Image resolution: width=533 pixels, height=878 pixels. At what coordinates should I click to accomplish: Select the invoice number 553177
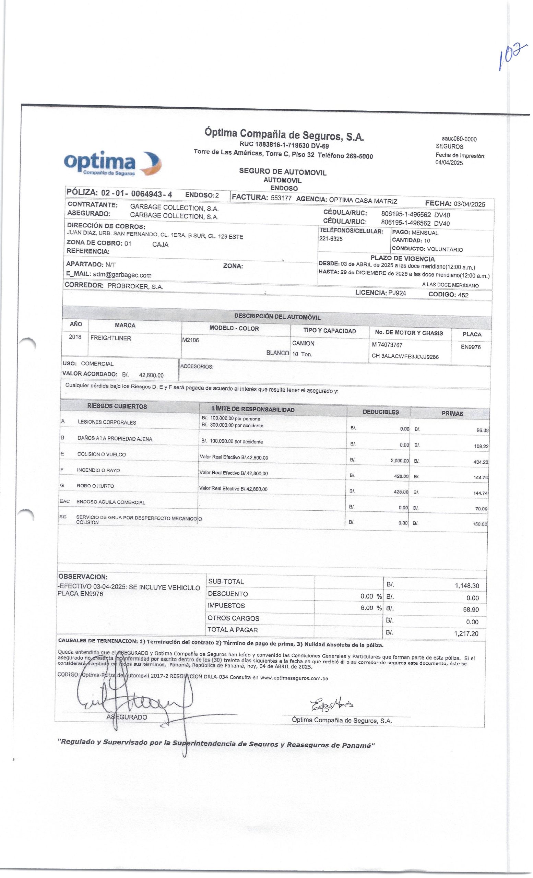coord(281,198)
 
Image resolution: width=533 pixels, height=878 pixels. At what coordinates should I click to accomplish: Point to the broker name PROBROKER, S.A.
coord(135,286)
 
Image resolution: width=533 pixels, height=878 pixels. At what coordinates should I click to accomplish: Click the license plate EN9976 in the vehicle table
coord(470,347)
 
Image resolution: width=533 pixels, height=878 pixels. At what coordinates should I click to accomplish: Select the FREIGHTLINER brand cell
coord(110,338)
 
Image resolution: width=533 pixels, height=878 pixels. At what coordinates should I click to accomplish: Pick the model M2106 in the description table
coord(190,340)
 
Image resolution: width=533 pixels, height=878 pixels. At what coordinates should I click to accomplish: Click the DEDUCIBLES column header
coord(380,412)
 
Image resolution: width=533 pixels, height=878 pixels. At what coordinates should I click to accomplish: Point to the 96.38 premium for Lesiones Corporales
coord(482,430)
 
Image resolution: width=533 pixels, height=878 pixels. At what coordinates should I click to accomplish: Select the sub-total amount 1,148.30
coord(466,586)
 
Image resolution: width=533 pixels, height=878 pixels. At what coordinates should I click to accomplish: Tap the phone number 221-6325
coord(331,239)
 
